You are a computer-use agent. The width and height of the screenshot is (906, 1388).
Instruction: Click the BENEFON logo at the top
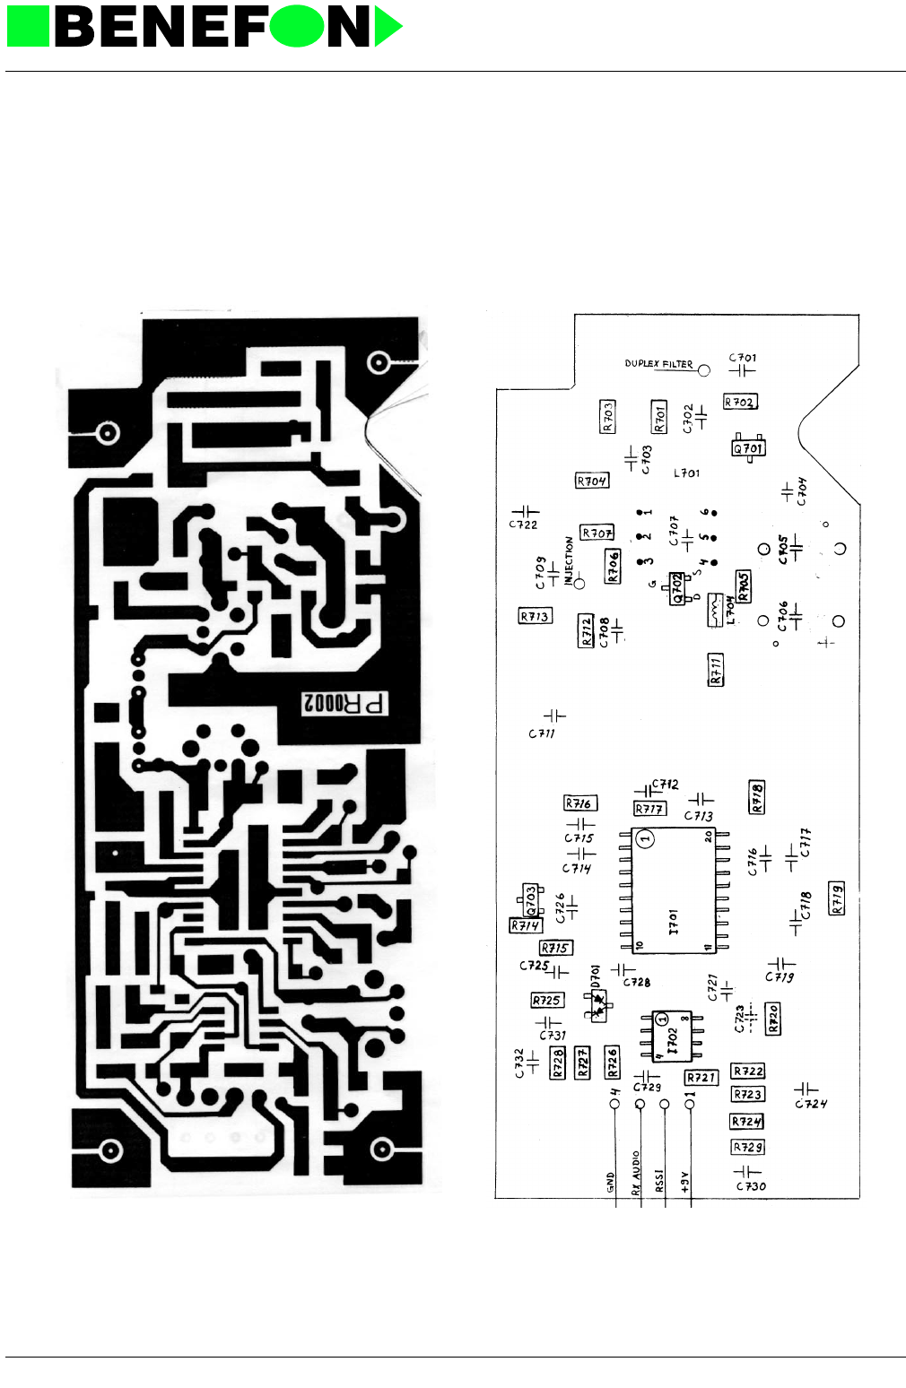[205, 27]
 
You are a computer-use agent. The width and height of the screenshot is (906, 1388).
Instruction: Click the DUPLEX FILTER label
[658, 364]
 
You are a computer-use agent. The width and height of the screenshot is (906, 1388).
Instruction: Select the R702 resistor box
[740, 403]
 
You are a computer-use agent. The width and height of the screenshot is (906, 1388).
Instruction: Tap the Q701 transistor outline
[748, 447]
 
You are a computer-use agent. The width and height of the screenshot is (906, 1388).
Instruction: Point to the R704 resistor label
[592, 481]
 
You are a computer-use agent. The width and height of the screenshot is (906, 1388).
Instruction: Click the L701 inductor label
[686, 473]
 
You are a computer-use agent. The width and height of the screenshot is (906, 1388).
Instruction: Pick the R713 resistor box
[535, 617]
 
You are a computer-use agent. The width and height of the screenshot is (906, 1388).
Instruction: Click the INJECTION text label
[569, 560]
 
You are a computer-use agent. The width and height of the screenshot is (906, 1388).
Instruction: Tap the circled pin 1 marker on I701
[646, 839]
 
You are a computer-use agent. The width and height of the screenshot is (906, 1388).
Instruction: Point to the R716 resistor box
[579, 803]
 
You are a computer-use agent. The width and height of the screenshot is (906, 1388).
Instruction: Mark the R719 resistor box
[837, 898]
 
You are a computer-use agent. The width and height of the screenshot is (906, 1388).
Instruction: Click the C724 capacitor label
[811, 1105]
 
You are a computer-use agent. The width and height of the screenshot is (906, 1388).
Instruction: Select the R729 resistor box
[748, 1148]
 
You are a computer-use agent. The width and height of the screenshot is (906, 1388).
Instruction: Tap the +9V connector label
[684, 1182]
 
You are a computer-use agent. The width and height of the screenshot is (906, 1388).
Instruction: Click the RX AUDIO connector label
[636, 1174]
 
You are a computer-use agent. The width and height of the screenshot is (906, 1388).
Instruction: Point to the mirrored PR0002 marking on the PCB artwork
[345, 704]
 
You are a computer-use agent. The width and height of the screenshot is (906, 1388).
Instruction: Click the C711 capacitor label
[542, 733]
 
